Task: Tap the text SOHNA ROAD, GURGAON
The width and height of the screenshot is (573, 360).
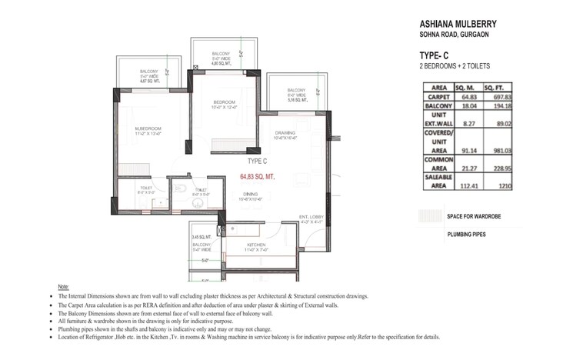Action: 454,35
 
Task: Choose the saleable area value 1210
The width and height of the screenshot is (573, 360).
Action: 508,185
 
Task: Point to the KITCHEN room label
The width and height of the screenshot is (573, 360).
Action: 256,245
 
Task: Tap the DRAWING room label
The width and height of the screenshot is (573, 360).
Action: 285,133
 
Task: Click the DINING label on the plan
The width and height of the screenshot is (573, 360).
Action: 250,194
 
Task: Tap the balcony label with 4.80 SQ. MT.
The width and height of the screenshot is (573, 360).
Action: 222,58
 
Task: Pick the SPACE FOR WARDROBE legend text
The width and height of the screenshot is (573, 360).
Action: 474,217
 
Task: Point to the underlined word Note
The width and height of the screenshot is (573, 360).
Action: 64,286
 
